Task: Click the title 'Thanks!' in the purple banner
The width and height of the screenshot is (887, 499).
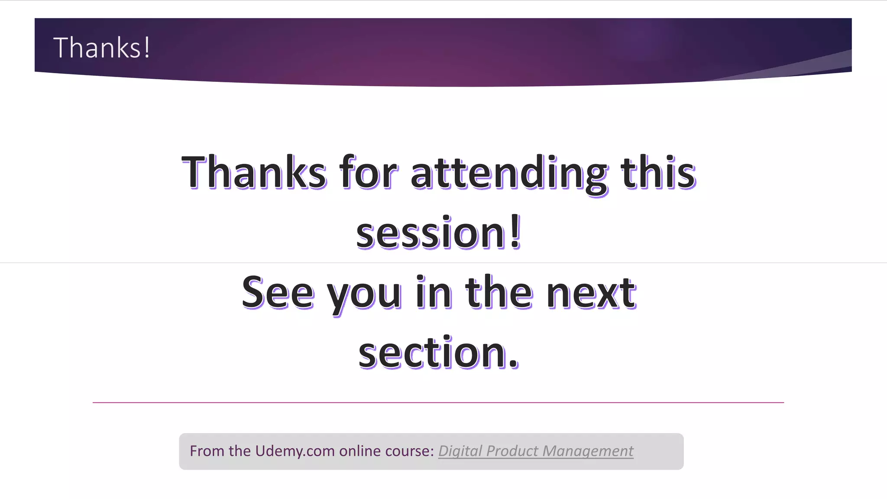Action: pyautogui.click(x=102, y=48)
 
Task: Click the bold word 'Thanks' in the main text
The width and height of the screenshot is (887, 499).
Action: pyautogui.click(x=254, y=172)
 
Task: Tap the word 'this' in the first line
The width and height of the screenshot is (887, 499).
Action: pyautogui.click(x=658, y=172)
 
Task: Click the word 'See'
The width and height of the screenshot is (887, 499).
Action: pyautogui.click(x=278, y=293)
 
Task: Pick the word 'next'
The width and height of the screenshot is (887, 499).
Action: pyautogui.click(x=591, y=293)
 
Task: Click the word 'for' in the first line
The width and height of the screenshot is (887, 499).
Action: pyautogui.click(x=368, y=172)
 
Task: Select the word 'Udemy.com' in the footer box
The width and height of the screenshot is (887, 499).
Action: pyautogui.click(x=295, y=451)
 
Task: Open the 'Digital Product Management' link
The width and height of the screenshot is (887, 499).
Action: pyautogui.click(x=536, y=451)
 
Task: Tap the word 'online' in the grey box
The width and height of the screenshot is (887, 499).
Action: pyautogui.click(x=360, y=451)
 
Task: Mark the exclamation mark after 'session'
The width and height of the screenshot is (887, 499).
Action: pyautogui.click(x=515, y=232)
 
